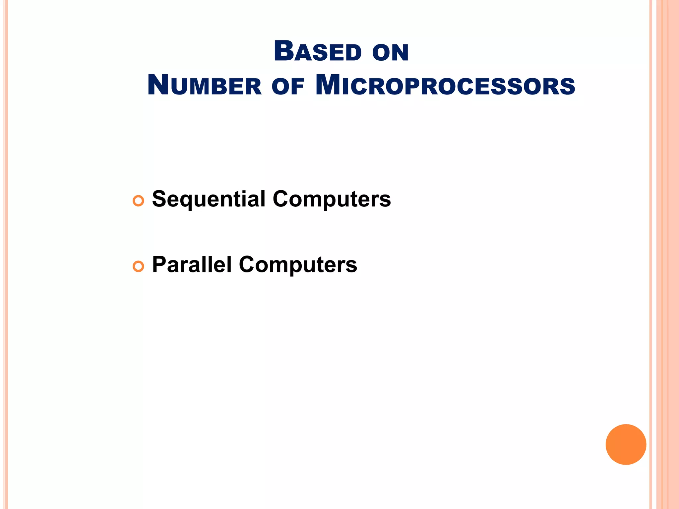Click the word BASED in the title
tap(317, 52)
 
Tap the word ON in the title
tap(390, 53)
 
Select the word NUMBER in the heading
tap(204, 85)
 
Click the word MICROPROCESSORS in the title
tap(445, 85)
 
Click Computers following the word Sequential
tap(332, 199)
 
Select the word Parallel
tap(192, 265)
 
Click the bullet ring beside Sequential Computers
tap(138, 201)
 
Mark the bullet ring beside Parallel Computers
tap(138, 266)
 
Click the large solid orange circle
tap(626, 444)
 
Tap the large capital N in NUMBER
tap(158, 85)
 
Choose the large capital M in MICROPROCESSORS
tap(328, 85)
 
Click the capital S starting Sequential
tap(159, 199)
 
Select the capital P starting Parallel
tap(159, 264)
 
